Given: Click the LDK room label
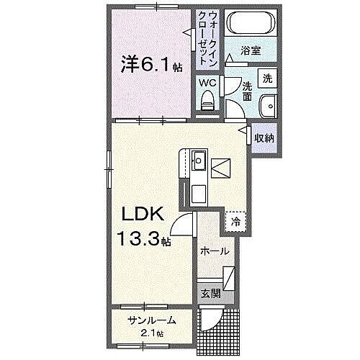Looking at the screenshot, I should pyautogui.click(x=148, y=214).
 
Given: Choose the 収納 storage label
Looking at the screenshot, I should pyautogui.click(x=262, y=137).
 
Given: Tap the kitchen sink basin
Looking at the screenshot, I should pyautogui.click(x=199, y=161).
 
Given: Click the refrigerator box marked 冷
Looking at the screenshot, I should pyautogui.click(x=235, y=222).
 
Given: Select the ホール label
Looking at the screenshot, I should pyautogui.click(x=215, y=251).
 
